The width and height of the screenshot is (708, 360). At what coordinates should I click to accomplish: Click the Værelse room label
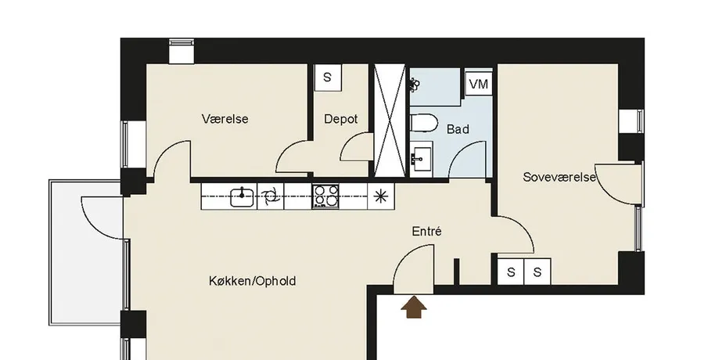(x=225, y=119)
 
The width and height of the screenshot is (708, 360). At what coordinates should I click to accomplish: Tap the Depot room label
(x=341, y=119)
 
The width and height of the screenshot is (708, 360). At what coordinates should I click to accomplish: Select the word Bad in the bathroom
(x=458, y=129)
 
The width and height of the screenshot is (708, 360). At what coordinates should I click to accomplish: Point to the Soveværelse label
(x=559, y=177)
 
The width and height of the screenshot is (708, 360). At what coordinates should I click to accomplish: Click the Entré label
(x=426, y=232)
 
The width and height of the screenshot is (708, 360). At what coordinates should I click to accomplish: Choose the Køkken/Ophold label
(x=253, y=281)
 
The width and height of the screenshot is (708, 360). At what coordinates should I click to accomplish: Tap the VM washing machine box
(x=479, y=84)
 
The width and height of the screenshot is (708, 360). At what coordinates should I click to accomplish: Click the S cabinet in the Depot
(x=327, y=77)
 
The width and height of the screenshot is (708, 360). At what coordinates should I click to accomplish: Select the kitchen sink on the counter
(x=242, y=196)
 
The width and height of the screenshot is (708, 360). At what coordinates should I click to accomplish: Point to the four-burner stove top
(x=325, y=196)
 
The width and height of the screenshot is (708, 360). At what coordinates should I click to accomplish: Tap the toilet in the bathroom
(x=424, y=123)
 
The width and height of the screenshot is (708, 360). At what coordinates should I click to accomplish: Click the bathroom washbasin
(x=421, y=159)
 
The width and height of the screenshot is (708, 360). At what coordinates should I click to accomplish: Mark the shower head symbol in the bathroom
(x=415, y=84)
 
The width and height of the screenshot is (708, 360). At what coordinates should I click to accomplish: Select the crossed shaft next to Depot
(x=390, y=121)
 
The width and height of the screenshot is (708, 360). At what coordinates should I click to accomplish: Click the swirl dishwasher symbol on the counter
(x=270, y=196)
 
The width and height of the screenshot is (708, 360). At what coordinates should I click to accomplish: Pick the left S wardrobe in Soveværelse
(x=511, y=272)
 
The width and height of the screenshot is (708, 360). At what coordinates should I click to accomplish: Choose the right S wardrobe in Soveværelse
(x=537, y=272)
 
